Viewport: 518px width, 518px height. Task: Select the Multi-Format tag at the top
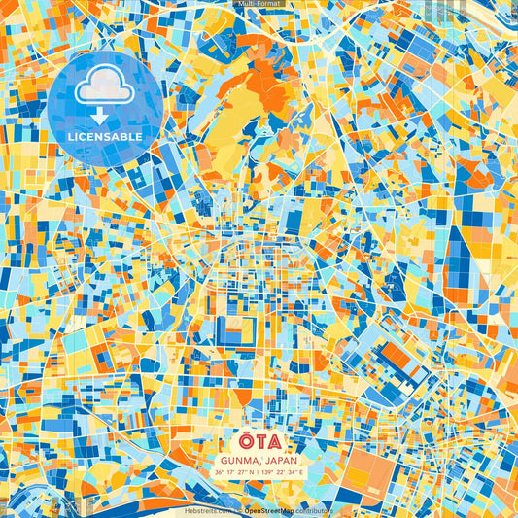point(259,4)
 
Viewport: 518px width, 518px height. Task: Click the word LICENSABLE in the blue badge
point(105,137)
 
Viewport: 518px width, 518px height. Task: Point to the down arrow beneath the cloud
point(105,115)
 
